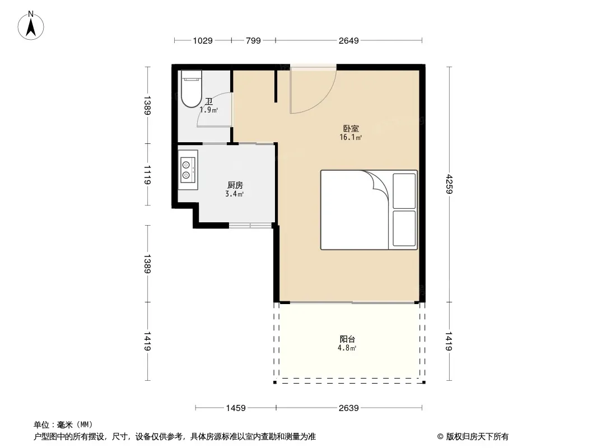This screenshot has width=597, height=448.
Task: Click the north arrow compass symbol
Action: (x=31, y=25)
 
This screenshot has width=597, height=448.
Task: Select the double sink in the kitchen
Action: (x=188, y=170)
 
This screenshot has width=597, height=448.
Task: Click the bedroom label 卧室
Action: (x=351, y=129)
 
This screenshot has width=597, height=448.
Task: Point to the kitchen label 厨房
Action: (x=235, y=185)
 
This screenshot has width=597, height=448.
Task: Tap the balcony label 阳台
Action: (x=347, y=339)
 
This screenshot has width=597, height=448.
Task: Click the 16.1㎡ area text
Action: (x=350, y=137)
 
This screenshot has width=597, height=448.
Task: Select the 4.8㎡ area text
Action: (x=347, y=348)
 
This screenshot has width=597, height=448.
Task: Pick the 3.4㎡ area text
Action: (x=234, y=194)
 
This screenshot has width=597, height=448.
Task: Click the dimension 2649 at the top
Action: (x=349, y=40)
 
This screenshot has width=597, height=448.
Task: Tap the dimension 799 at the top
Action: (x=253, y=40)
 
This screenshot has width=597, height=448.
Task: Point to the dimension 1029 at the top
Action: (x=203, y=40)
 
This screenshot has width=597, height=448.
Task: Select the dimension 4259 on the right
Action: (x=449, y=184)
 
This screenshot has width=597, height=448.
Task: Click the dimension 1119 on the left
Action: (x=147, y=175)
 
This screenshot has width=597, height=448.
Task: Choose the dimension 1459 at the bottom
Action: (x=236, y=408)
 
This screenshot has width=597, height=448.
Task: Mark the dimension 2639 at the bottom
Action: (x=349, y=408)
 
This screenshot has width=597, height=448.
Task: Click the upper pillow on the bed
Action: (x=404, y=191)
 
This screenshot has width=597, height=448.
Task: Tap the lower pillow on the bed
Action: (x=404, y=228)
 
